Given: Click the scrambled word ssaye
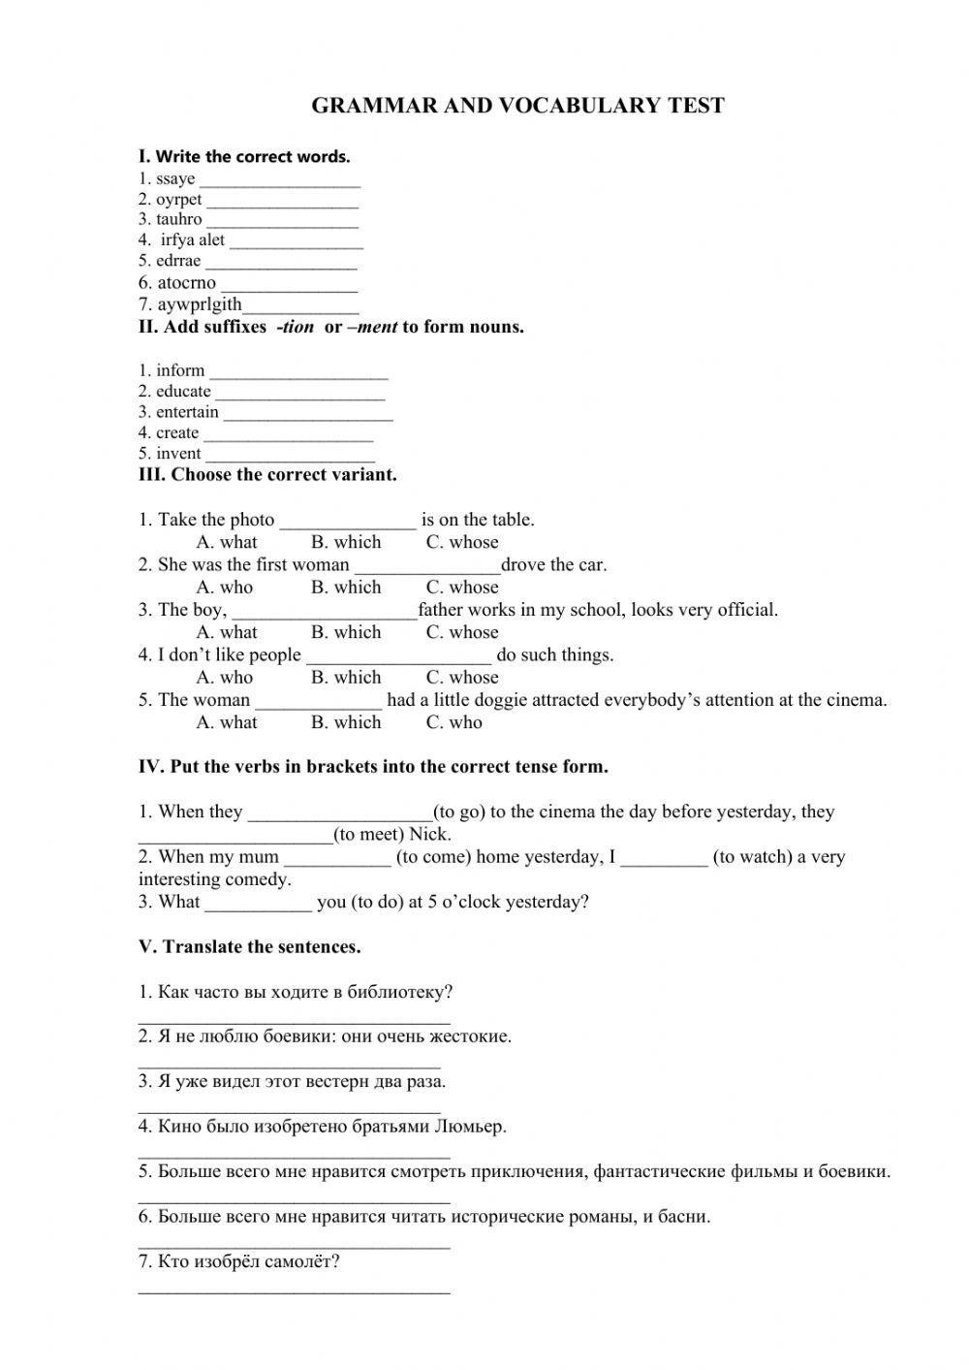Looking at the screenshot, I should pyautogui.click(x=175, y=179).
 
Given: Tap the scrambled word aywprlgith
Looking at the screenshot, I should pyautogui.click(x=200, y=304).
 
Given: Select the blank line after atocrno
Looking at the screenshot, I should pyautogui.click(x=289, y=287).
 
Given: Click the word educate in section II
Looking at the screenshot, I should pyautogui.click(x=183, y=392).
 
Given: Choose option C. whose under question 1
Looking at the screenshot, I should pyautogui.click(x=462, y=543).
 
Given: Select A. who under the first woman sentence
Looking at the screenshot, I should pyautogui.click(x=224, y=588).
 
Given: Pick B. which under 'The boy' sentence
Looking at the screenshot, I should pyautogui.click(x=346, y=632).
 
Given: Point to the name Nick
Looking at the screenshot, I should pyautogui.click(x=429, y=835).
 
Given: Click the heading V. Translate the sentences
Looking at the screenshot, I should pyautogui.click(x=249, y=947).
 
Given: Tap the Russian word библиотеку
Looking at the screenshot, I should pyautogui.click(x=400, y=993).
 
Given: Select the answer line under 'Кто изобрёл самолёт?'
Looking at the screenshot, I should pyautogui.click(x=295, y=1290).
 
